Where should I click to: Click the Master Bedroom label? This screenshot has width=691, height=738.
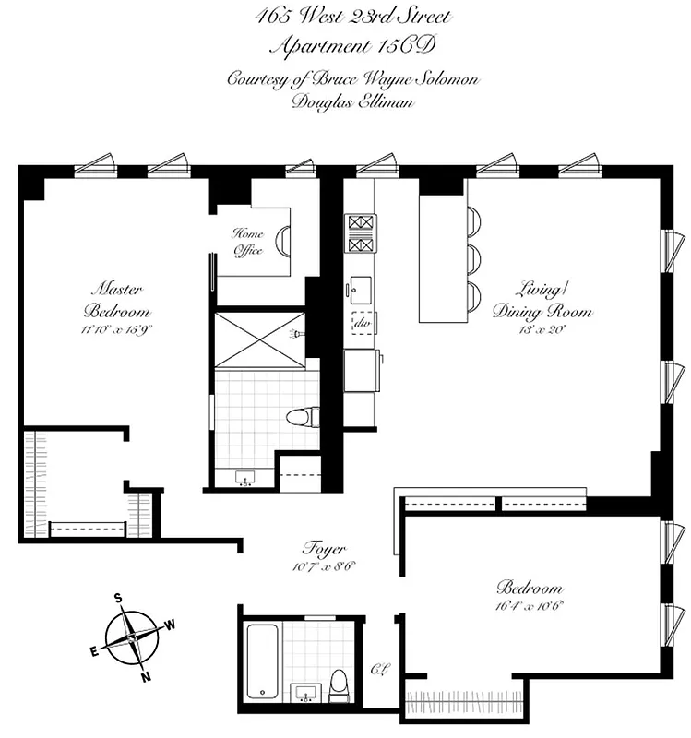pyautogui.click(x=116, y=297)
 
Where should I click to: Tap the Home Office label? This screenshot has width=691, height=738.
pyautogui.click(x=247, y=242)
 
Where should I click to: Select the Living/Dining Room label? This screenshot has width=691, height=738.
pyautogui.click(x=541, y=299)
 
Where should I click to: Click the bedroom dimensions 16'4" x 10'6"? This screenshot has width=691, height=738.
pyautogui.click(x=530, y=606)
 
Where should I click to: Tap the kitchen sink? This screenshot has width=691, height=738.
pyautogui.click(x=358, y=288)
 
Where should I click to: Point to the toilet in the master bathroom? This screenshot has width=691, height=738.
pyautogui.click(x=300, y=417)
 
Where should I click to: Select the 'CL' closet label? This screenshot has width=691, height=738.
pyautogui.click(x=378, y=670)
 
